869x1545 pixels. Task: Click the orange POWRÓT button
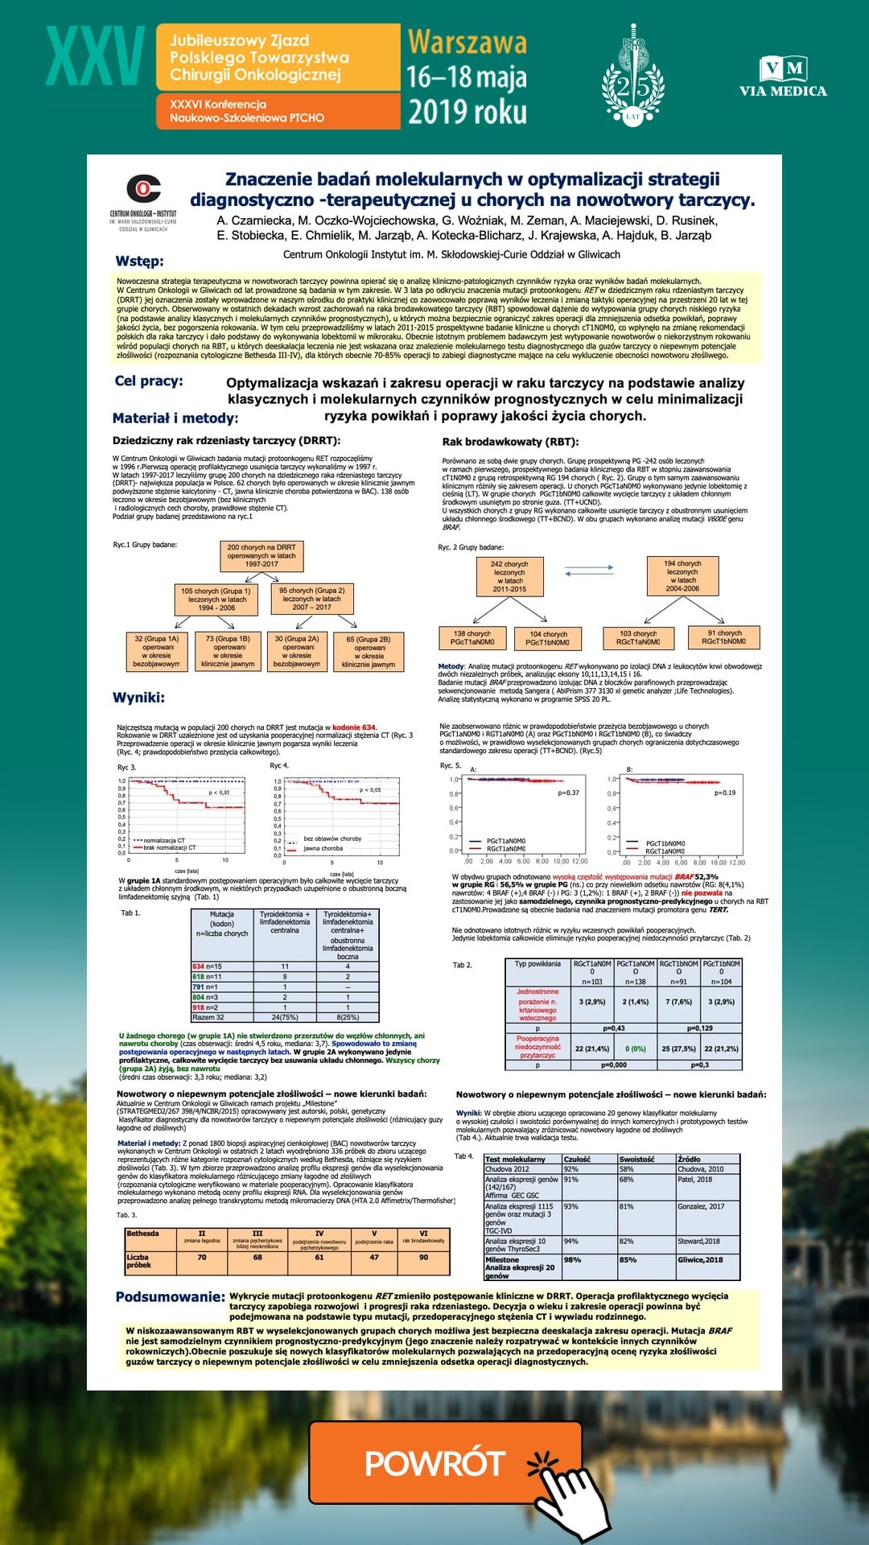[x=445, y=1461]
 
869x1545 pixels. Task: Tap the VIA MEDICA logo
[x=783, y=77]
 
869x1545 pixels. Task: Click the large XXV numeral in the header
[x=95, y=57]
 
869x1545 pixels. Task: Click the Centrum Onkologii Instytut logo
[x=143, y=201]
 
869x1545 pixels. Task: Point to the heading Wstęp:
[x=139, y=261]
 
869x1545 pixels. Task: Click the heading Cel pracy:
[x=149, y=381]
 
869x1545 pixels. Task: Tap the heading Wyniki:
[x=138, y=697]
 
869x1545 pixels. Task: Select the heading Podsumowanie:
[x=170, y=1296]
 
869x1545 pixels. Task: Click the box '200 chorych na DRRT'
[x=262, y=555]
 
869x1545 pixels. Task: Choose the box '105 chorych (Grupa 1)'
[x=216, y=599]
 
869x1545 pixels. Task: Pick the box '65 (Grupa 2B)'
[x=368, y=651]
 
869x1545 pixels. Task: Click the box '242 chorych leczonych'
[x=509, y=576]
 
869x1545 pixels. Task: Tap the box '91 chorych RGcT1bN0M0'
[x=724, y=637]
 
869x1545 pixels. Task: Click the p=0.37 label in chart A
[x=568, y=793]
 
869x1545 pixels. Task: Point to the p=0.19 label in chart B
[x=725, y=793]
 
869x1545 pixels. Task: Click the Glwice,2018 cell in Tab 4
[x=700, y=1260]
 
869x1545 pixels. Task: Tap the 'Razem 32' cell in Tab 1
[x=208, y=1017]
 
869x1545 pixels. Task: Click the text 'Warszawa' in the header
[x=467, y=42]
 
